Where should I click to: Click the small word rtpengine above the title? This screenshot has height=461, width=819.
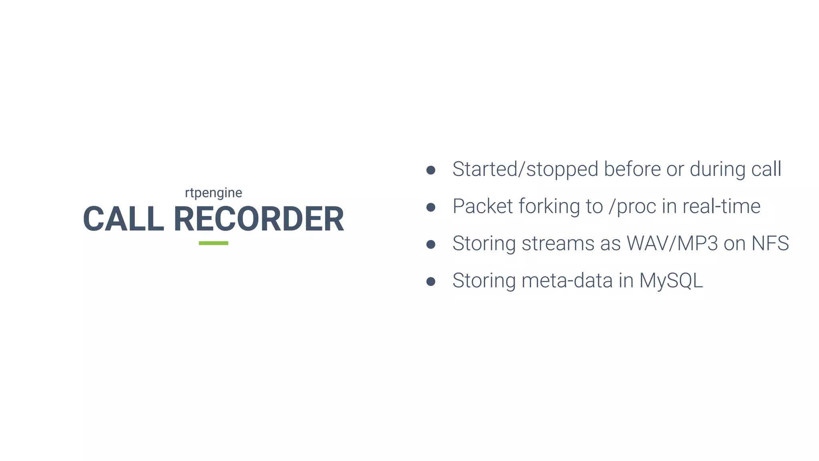click(x=213, y=193)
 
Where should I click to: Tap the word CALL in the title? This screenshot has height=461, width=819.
click(x=124, y=219)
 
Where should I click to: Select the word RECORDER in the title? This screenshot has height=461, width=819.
click(x=259, y=219)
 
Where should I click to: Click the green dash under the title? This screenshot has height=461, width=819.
click(x=214, y=243)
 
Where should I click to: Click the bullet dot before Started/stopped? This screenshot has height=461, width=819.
click(x=431, y=170)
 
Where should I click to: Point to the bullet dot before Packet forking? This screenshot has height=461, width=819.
click(x=431, y=207)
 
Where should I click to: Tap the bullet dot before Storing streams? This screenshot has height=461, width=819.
click(x=431, y=245)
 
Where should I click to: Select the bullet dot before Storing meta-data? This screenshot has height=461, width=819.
click(x=431, y=282)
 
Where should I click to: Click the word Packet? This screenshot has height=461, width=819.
click(x=483, y=206)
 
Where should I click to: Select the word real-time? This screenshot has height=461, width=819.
click(x=721, y=206)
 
